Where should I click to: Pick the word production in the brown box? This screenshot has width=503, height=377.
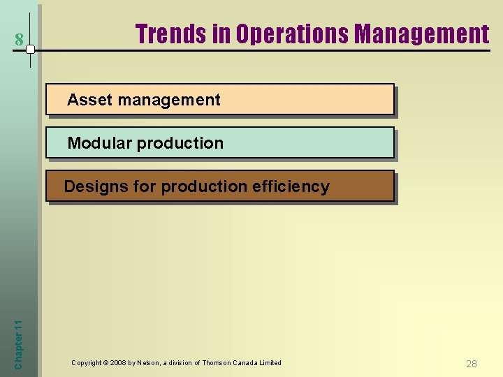pos(204,186)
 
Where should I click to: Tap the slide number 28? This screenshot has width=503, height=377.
pos(472,364)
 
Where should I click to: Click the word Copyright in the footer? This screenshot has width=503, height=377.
pos(87,363)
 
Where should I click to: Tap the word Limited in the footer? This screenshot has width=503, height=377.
pos(270,363)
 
